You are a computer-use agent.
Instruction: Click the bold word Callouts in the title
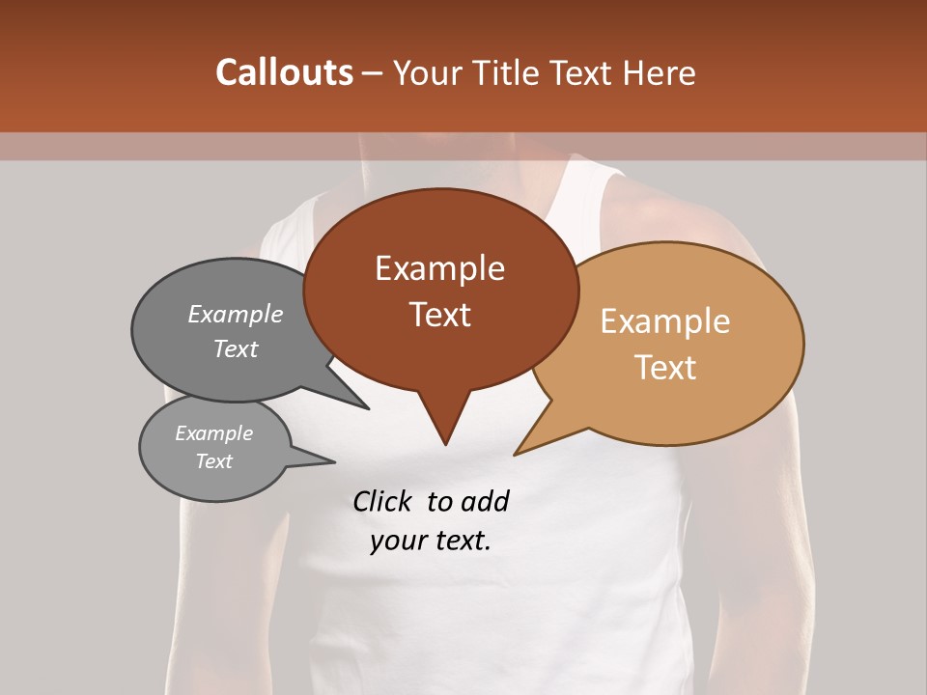[x=284, y=72]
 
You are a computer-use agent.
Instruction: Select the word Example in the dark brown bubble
[x=439, y=268]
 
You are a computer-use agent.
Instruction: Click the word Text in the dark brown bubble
[x=439, y=314]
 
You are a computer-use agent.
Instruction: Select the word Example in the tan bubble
[x=665, y=321]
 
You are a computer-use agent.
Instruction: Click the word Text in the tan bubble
[x=665, y=367]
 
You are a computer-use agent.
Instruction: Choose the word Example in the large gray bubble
[x=235, y=314]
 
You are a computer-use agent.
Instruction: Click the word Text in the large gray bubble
[x=235, y=348]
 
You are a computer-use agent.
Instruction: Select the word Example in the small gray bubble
[x=213, y=433]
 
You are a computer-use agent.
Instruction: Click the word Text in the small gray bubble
[x=213, y=460]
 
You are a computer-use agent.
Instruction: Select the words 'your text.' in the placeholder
[x=431, y=541]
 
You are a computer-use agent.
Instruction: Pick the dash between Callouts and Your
[x=373, y=72]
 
